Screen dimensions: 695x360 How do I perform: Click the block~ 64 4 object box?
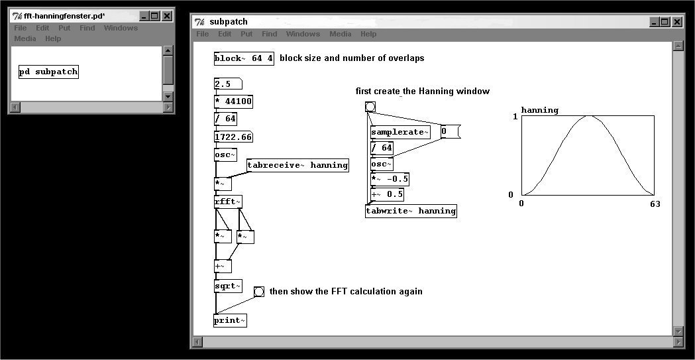244,58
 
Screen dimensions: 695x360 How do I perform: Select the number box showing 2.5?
228,84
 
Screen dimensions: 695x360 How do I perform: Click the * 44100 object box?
234,101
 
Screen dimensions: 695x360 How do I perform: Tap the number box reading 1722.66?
234,137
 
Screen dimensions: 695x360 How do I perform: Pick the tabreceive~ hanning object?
297,165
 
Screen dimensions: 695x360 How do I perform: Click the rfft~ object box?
228,202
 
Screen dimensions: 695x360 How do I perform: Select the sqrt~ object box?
228,286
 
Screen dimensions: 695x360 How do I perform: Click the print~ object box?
230,320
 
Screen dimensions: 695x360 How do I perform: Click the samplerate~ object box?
400,132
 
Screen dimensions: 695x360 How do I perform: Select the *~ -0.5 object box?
390,179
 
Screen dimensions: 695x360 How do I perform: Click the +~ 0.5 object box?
387,195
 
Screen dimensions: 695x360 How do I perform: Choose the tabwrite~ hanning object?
411,211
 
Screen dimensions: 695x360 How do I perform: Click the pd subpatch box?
49,72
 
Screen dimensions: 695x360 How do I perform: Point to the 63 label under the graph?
655,204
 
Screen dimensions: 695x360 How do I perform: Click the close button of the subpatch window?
677,22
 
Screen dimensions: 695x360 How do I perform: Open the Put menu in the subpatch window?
246,34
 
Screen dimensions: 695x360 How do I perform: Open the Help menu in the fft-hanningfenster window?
53,38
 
